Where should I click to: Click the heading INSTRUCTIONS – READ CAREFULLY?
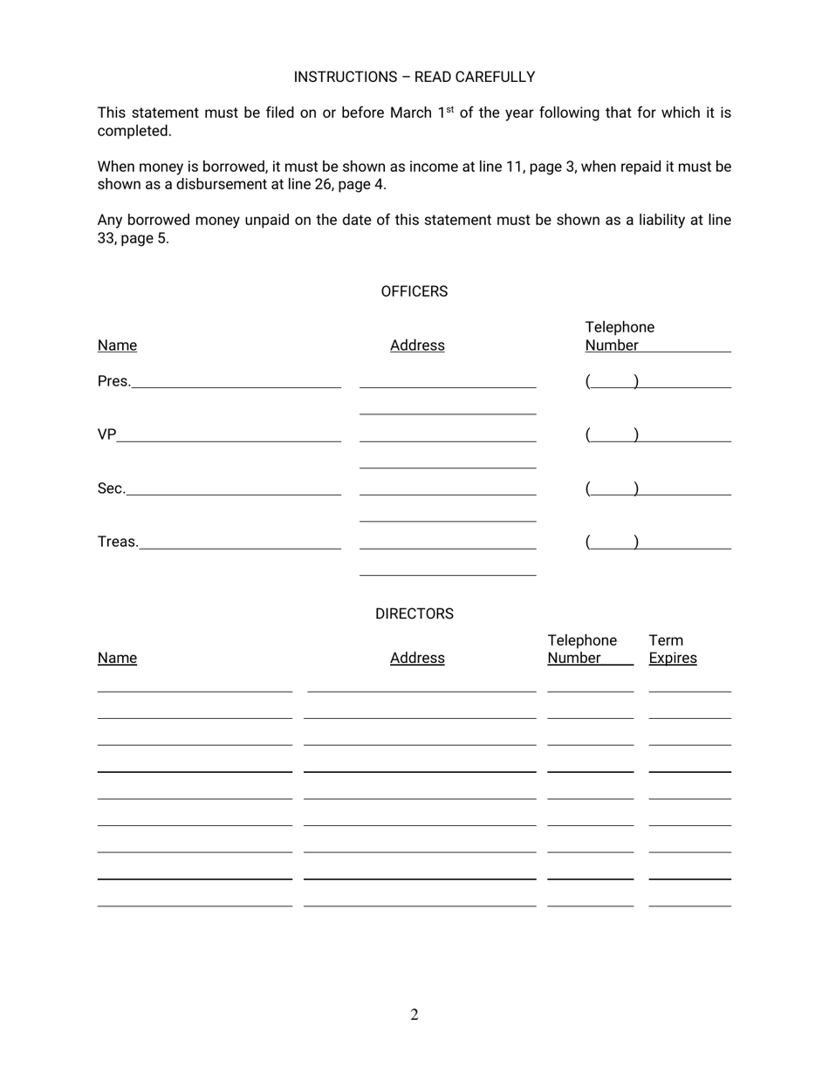click(x=414, y=77)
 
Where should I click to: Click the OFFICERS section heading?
click(x=414, y=291)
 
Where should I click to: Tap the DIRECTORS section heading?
click(x=414, y=614)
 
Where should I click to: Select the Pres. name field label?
click(x=114, y=381)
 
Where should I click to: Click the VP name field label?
click(x=106, y=434)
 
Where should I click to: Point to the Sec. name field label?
click(x=112, y=489)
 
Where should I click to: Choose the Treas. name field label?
click(x=118, y=542)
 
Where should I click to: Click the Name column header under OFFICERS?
click(x=117, y=345)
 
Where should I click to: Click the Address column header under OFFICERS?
click(x=417, y=345)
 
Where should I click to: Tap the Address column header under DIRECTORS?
click(x=417, y=659)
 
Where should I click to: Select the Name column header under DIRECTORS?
click(x=117, y=659)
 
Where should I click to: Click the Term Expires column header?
click(x=672, y=650)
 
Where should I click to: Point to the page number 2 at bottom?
click(x=414, y=1015)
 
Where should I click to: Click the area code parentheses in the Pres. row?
click(x=612, y=381)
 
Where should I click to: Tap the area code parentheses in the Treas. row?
click(x=612, y=542)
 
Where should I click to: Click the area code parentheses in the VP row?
click(x=612, y=434)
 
